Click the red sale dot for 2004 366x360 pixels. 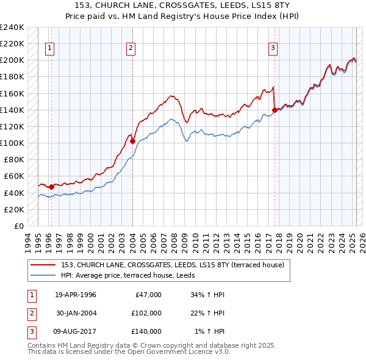(x=132, y=141)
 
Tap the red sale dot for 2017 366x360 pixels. (x=274, y=110)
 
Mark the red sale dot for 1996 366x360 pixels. (x=51, y=187)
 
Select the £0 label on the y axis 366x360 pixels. (x=19, y=226)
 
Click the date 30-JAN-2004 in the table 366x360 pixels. (x=77, y=313)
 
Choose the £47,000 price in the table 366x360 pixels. (x=146, y=295)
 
